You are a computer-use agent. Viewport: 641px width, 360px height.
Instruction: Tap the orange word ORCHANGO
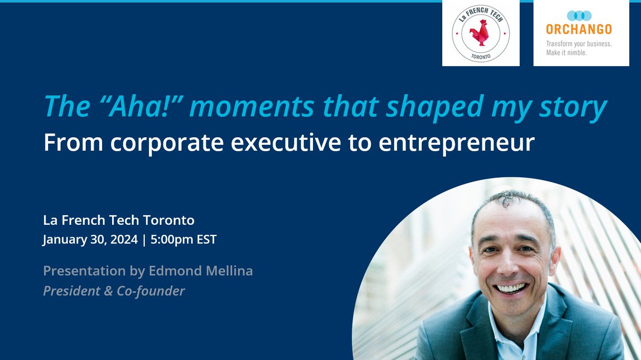coord(579,29)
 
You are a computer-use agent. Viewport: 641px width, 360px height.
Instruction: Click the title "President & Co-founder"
coord(114,291)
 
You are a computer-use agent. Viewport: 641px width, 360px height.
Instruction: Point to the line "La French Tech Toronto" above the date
coord(119,220)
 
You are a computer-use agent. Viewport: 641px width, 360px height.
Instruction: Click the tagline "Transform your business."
coord(579,44)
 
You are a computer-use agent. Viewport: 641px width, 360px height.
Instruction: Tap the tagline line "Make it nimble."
coord(566,53)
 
